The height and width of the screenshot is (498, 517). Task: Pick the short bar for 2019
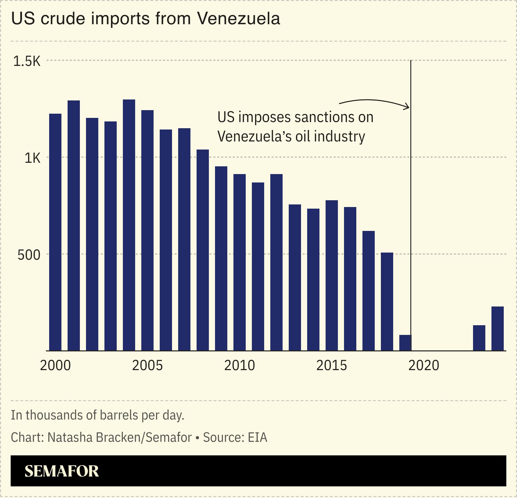pos(405,343)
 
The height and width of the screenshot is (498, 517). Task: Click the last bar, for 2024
pos(498,328)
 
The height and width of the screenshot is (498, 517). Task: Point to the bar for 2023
pos(479,338)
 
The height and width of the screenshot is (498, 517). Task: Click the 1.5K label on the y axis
pos(27,61)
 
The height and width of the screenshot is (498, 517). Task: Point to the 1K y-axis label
pos(32,158)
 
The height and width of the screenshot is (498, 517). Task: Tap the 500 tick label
pos(29,255)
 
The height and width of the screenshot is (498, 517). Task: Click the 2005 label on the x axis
pos(147,366)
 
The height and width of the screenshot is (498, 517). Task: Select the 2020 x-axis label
pos(424,366)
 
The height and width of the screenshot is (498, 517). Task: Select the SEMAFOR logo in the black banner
pos(62,471)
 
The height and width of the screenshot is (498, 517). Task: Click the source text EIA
pos(257,438)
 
